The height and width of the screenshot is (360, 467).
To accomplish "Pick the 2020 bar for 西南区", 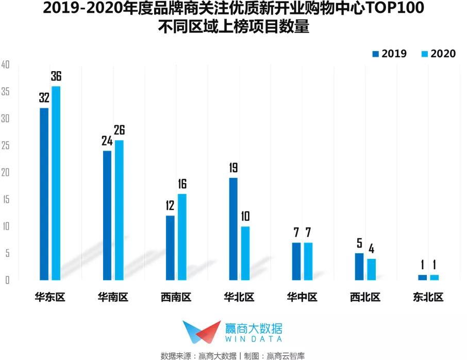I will pyautogui.click(x=182, y=237).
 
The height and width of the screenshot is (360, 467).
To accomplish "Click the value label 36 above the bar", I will pyautogui.click(x=56, y=77).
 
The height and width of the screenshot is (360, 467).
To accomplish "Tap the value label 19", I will pyautogui.click(x=233, y=168).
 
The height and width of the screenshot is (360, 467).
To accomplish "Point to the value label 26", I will pyautogui.click(x=119, y=130).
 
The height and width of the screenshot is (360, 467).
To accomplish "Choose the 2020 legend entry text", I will pyautogui.click(x=443, y=54).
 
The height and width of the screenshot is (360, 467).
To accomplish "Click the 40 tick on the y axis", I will pyautogui.click(x=6, y=65).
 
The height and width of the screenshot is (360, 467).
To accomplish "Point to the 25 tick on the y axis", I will pyautogui.click(x=6, y=146).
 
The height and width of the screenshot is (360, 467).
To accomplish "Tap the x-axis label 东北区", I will pyautogui.click(x=428, y=298).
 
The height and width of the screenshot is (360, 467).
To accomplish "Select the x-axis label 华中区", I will pyautogui.click(x=302, y=298).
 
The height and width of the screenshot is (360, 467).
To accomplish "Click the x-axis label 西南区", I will pyautogui.click(x=176, y=298).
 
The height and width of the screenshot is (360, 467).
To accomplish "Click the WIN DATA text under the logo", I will pyautogui.click(x=253, y=339).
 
